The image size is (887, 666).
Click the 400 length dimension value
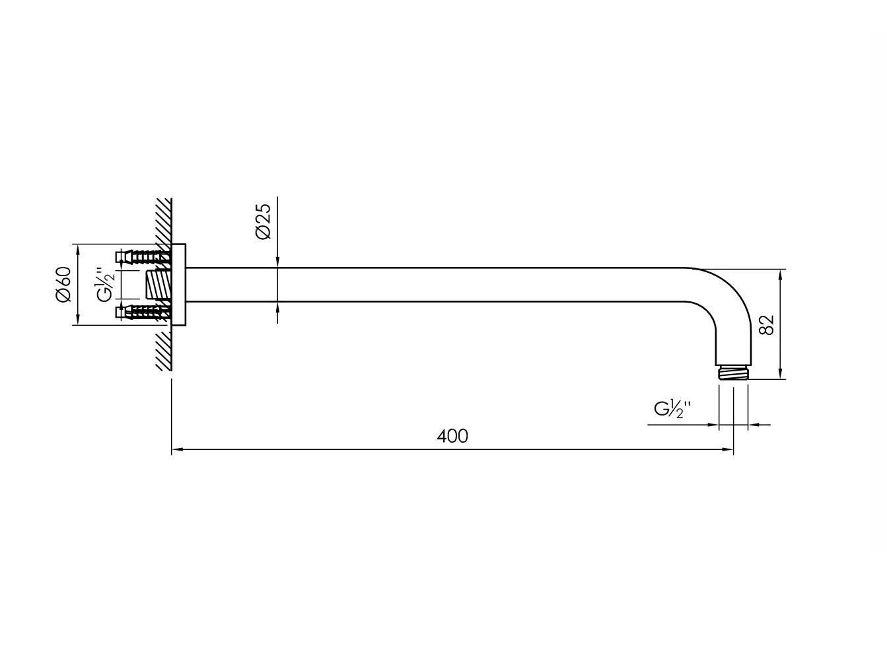click(x=452, y=436)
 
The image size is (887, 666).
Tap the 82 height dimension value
click(x=766, y=324)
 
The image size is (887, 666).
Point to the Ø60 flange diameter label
click(x=63, y=284)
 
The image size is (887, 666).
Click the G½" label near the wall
click(x=106, y=283)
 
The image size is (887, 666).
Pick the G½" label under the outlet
click(x=671, y=409)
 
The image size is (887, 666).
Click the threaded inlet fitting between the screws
click(x=158, y=285)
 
